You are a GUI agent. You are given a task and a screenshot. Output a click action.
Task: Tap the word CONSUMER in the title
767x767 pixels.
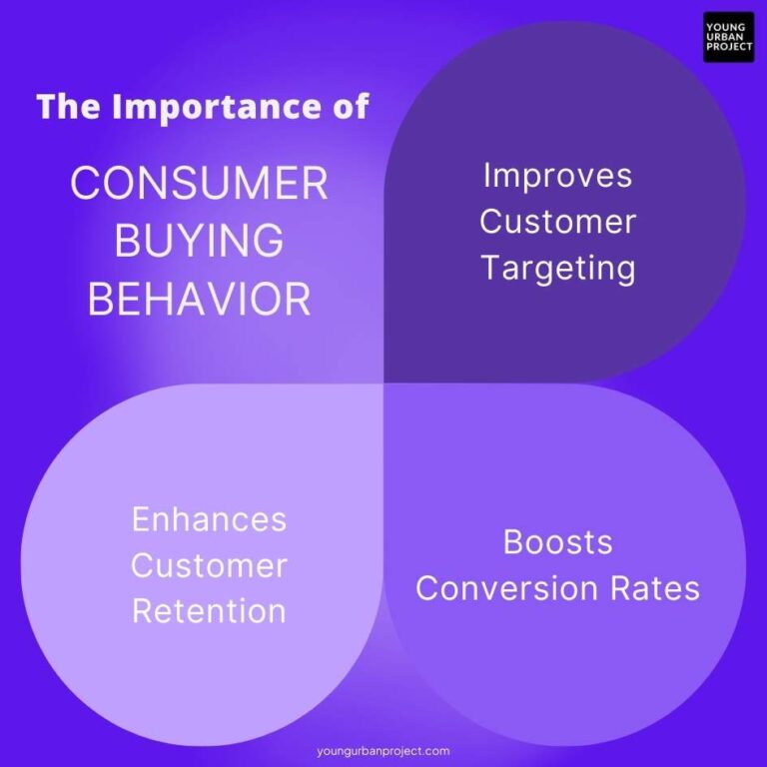(x=199, y=184)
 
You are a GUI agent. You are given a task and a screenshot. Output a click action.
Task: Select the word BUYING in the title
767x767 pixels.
(x=199, y=242)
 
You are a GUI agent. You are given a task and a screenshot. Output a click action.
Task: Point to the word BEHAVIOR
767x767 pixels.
(x=199, y=300)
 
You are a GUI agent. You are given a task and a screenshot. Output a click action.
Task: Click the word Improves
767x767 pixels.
(x=557, y=176)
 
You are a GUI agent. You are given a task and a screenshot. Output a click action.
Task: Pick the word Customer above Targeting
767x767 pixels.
(x=557, y=222)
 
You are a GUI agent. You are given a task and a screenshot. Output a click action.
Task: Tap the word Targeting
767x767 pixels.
(x=557, y=268)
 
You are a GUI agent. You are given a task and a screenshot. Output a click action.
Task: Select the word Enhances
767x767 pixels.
(x=209, y=519)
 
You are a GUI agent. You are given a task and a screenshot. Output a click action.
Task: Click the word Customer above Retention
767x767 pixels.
(x=209, y=565)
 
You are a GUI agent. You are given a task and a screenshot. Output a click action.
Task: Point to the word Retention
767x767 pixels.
(x=209, y=611)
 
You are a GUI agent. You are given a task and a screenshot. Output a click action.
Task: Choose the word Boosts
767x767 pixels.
(x=557, y=542)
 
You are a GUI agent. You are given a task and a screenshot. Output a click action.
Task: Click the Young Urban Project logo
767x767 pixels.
(x=728, y=37)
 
